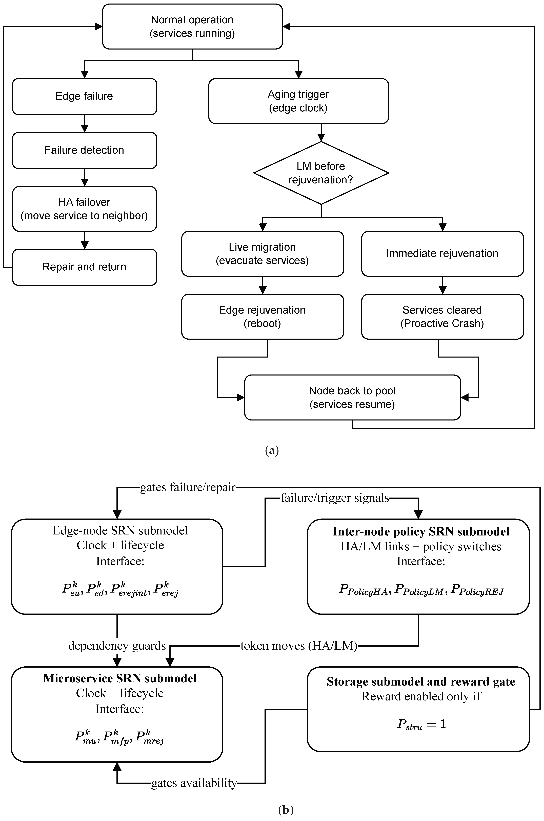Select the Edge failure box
click(x=85, y=96)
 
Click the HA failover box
click(x=85, y=209)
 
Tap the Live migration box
click(x=263, y=254)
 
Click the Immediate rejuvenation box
click(x=442, y=254)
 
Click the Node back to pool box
click(x=352, y=397)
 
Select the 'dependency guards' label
click(x=117, y=646)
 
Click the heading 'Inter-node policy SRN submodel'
click(x=421, y=532)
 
